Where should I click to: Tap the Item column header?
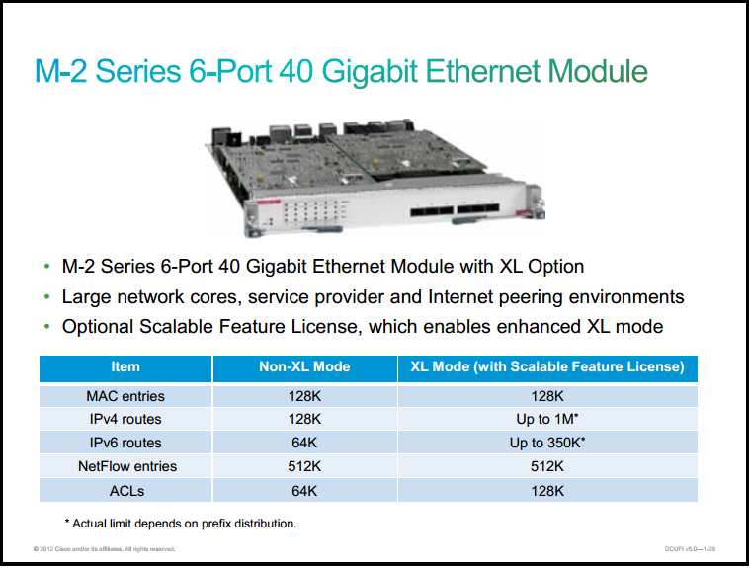125,366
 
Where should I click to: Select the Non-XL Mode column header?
304,366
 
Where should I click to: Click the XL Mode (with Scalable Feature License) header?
547,366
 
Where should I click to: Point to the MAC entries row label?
125,396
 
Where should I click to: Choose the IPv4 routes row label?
125,420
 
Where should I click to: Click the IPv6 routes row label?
125,443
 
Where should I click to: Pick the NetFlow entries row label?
127,466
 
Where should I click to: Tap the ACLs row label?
126,491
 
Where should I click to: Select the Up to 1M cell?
547,419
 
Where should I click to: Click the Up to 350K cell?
547,443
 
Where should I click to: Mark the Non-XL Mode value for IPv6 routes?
304,443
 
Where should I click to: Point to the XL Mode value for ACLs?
547,491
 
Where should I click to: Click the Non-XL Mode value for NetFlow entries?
304,466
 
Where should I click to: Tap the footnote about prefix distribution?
181,524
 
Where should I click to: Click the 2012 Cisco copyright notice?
104,549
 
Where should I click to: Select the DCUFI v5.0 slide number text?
690,549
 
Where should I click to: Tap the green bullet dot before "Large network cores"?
46,297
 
